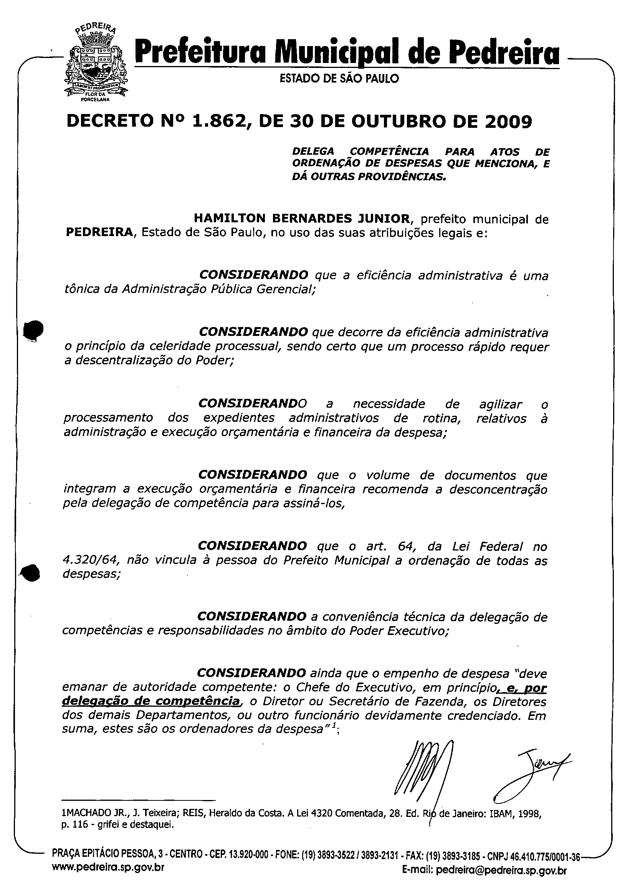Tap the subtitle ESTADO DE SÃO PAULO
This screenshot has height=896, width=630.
(x=339, y=79)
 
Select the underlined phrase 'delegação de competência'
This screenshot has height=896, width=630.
(x=151, y=701)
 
